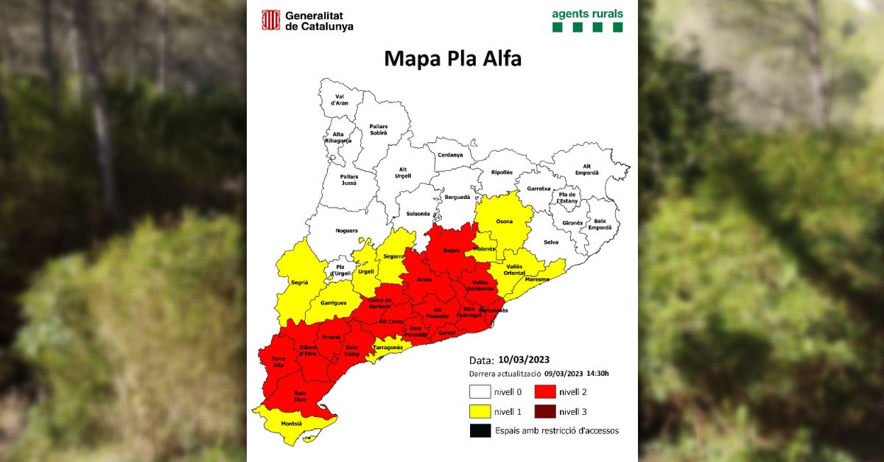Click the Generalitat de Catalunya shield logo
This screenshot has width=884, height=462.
(x=272, y=20)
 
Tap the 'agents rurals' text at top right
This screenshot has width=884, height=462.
(x=587, y=13)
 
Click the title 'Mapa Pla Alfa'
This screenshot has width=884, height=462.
(x=452, y=59)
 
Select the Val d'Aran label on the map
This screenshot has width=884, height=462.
(x=340, y=99)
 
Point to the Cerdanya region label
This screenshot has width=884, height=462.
(x=450, y=155)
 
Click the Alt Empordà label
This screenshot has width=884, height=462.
(x=586, y=169)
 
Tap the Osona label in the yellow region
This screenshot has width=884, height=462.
(x=505, y=220)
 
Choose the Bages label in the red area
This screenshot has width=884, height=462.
(x=451, y=251)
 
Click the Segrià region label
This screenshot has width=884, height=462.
(x=289, y=282)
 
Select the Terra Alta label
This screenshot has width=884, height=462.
(x=278, y=361)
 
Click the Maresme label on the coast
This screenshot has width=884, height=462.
(x=536, y=279)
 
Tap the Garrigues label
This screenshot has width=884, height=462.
(x=333, y=303)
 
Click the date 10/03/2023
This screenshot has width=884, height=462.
(x=523, y=360)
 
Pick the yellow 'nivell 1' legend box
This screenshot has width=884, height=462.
(x=479, y=411)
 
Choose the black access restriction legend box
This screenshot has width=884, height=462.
(x=479, y=430)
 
